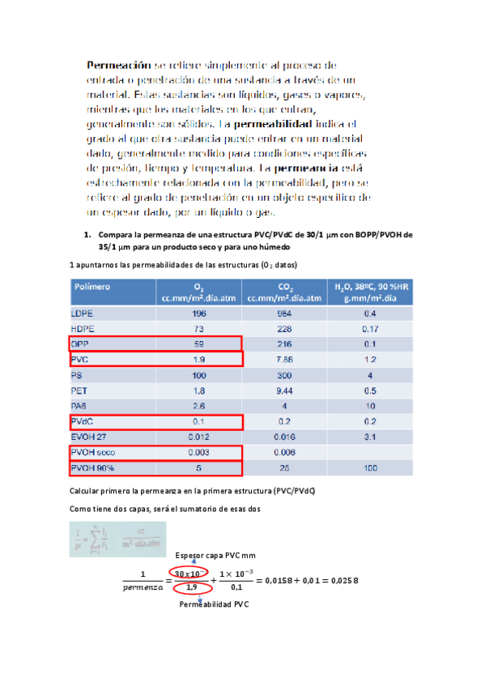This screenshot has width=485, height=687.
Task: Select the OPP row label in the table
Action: [x=81, y=343]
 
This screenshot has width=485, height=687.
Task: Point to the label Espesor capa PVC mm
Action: [x=215, y=554]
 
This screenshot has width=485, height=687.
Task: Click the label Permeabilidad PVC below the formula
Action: [x=215, y=604]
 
